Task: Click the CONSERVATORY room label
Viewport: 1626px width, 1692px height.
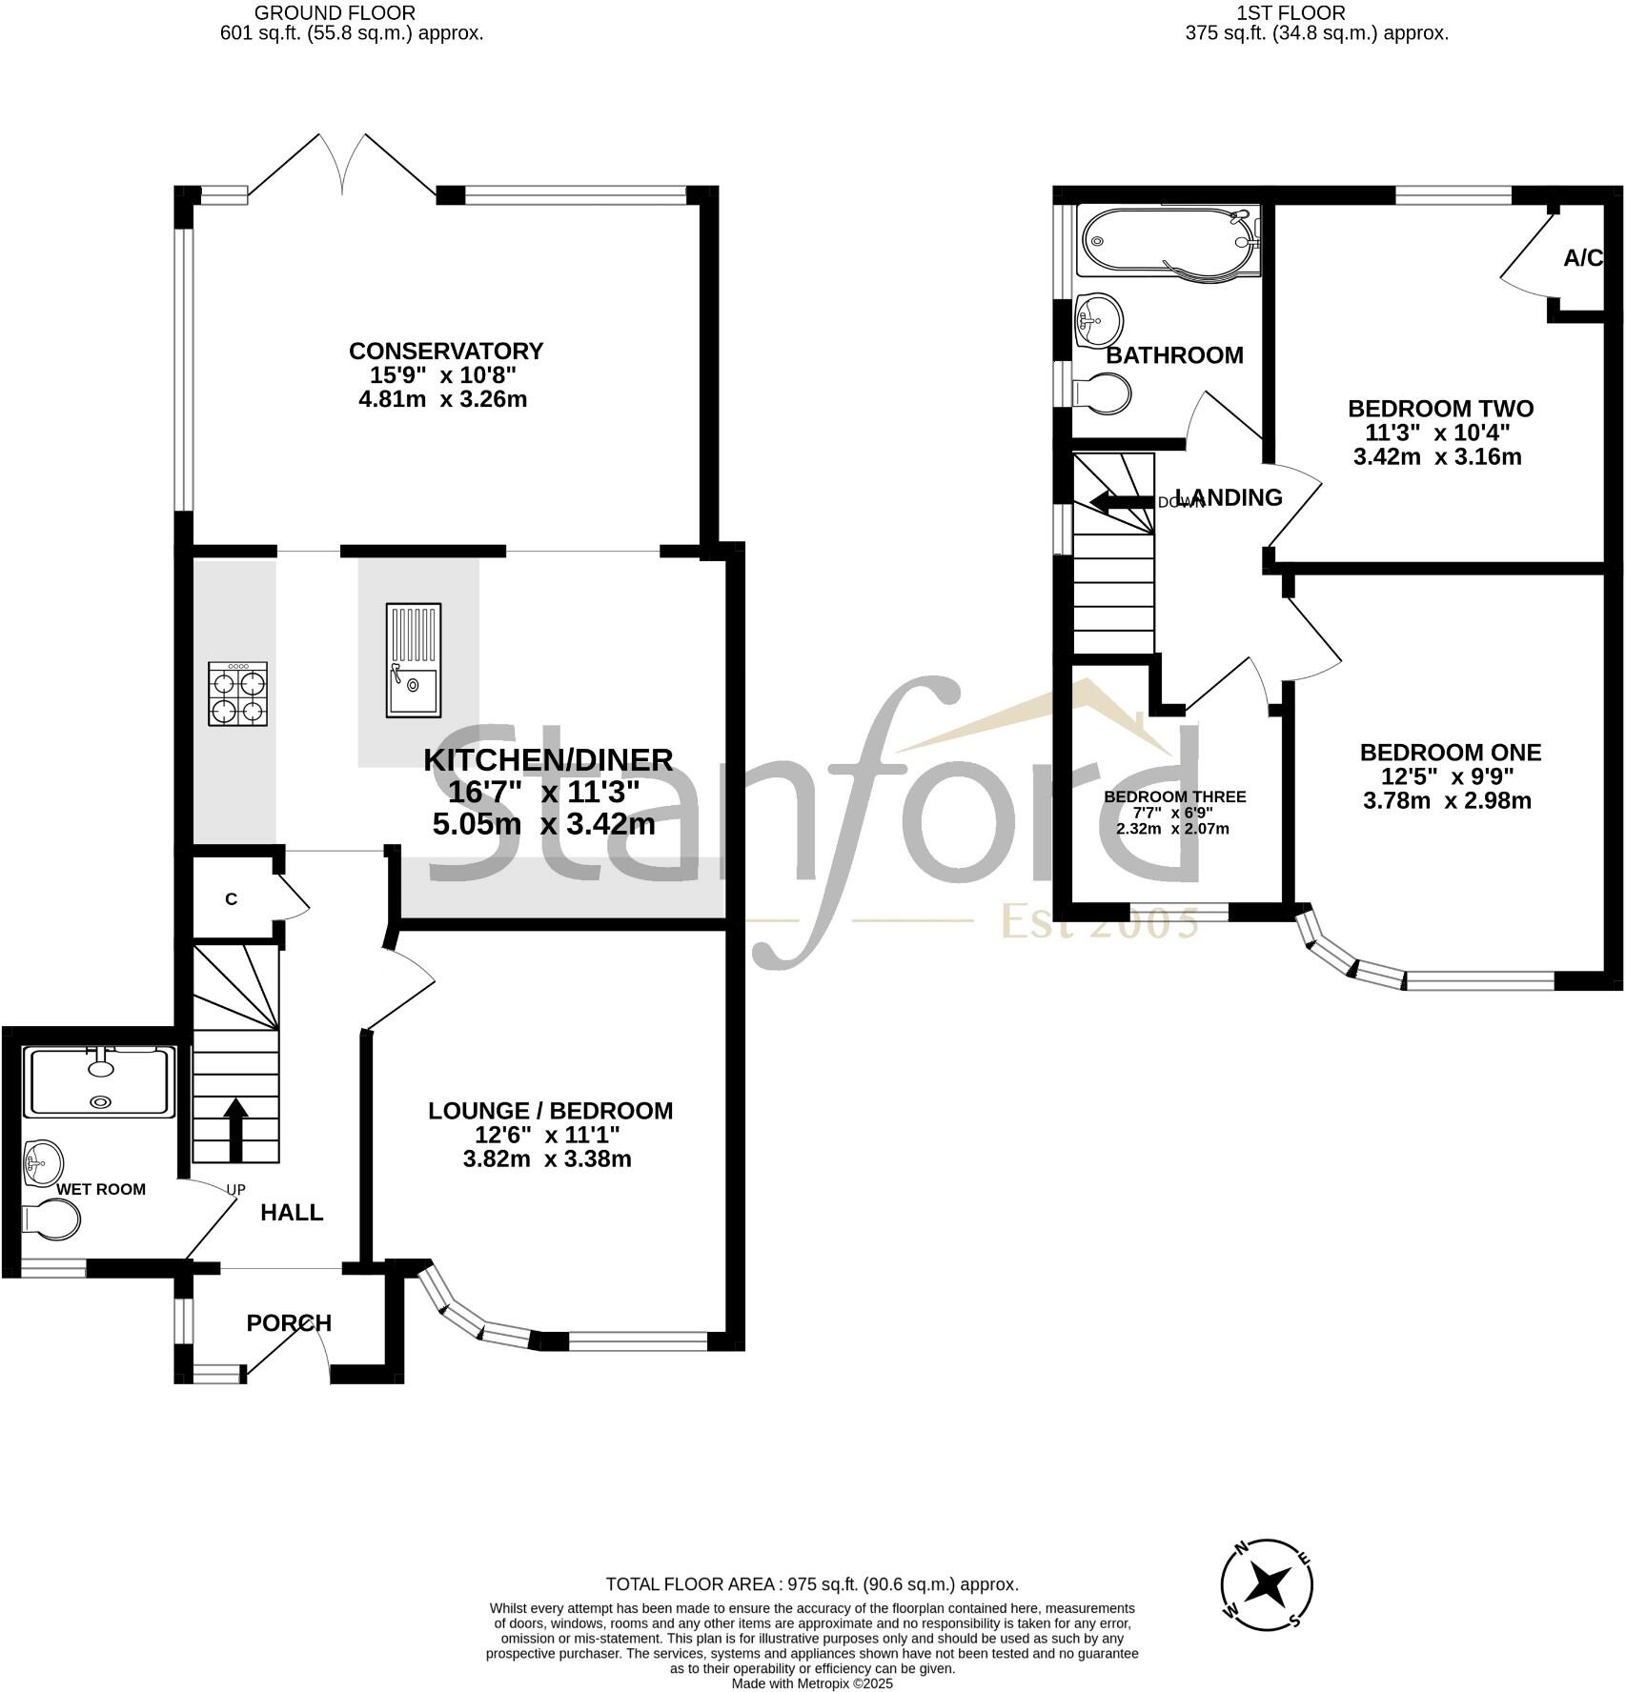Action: (x=445, y=351)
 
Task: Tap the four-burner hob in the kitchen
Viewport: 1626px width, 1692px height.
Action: (x=237, y=695)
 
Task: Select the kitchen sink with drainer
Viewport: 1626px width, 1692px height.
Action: (x=414, y=660)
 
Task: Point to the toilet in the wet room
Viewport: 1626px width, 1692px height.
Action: (x=51, y=1219)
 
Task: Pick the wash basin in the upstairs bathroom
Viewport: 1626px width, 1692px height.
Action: (x=1098, y=319)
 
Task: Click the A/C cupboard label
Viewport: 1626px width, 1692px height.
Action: (x=1583, y=258)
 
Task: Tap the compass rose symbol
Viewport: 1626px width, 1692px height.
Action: (x=1267, y=1584)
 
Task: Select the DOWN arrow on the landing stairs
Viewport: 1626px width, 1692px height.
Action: (x=1120, y=502)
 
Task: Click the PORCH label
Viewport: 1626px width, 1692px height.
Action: (x=289, y=1322)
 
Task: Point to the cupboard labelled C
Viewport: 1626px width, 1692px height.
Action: (x=231, y=898)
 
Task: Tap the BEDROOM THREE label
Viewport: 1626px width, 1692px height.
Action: (x=1174, y=796)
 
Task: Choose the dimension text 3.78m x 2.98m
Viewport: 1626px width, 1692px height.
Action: (x=1447, y=800)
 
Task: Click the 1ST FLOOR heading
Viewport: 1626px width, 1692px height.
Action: (x=1291, y=13)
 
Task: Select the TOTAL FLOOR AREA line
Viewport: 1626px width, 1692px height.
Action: (x=812, y=1584)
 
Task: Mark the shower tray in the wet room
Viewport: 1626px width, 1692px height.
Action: (x=100, y=1082)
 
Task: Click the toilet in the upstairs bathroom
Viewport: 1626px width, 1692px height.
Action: (x=1103, y=393)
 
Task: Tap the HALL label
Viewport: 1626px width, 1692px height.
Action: (x=292, y=1212)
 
